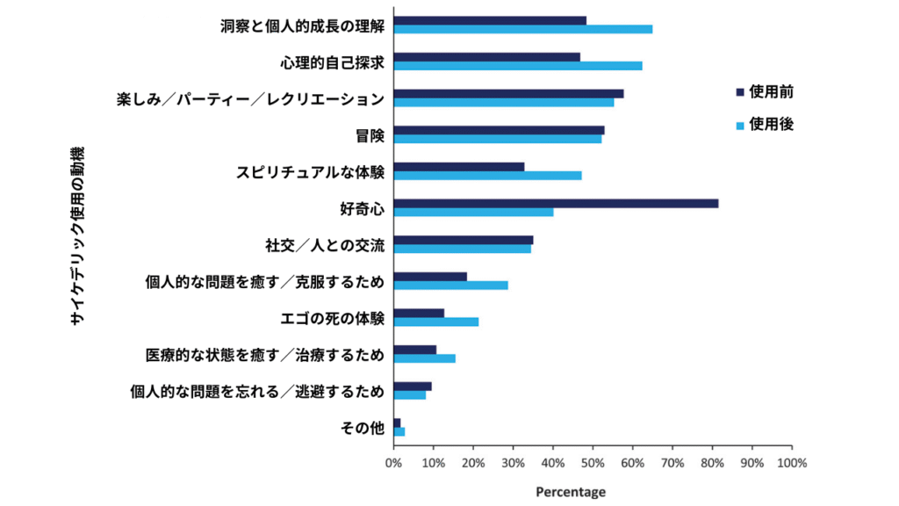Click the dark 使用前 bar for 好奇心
pos(556,203)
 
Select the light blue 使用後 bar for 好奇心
pos(473,212)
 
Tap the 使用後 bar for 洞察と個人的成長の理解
pos(523,29)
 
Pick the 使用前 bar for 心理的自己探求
pos(486,57)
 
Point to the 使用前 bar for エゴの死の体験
pos(419,313)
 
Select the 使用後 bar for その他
pos(399,431)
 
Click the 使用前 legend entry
pos(765,91)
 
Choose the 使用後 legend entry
pos(765,126)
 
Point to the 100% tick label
pos(792,463)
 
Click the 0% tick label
pos(394,463)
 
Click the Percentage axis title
pos(571,492)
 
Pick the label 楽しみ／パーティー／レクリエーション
pos(251,99)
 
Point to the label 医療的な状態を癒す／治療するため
pos(265,355)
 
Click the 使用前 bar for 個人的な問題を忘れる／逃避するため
pos(413,386)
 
